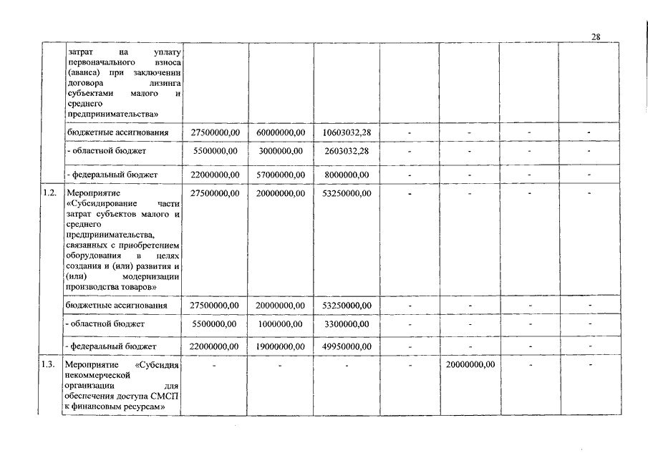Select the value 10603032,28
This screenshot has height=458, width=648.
click(346, 132)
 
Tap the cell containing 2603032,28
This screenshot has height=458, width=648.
click(346, 151)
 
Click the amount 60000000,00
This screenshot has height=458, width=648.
click(281, 132)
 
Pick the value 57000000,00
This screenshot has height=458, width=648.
click(281, 175)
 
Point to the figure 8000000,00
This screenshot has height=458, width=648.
click(346, 175)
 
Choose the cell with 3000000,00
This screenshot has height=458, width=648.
click(281, 151)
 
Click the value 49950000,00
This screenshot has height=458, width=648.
click(346, 346)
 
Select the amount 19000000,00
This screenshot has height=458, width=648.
click(281, 346)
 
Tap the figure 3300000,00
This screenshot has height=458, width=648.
click(346, 324)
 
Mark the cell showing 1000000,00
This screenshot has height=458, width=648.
click(281, 324)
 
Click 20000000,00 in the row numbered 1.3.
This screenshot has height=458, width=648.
click(469, 364)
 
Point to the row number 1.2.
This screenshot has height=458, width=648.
click(49, 193)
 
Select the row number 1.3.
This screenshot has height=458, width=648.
click(49, 364)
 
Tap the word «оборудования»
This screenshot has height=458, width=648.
click(92, 255)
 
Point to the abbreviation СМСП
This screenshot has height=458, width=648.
click(165, 396)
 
